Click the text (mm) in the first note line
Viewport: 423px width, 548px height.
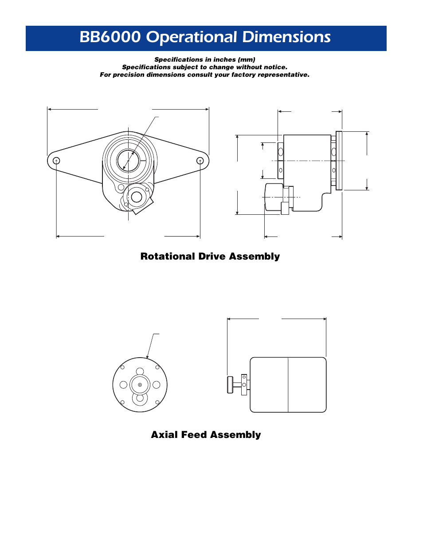[x=247, y=59]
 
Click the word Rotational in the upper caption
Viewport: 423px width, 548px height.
[x=168, y=256]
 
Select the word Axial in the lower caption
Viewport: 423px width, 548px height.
[x=164, y=435]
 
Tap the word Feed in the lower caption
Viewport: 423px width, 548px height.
[x=192, y=435]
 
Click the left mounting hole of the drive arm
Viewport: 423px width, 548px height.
[x=56, y=161]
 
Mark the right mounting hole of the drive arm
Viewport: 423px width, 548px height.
[x=200, y=161]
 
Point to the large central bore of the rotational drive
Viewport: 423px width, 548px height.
[x=128, y=161]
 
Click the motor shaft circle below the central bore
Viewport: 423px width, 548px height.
[x=137, y=197]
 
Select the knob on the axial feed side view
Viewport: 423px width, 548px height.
[x=230, y=385]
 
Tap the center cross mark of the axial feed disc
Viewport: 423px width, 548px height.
[x=140, y=385]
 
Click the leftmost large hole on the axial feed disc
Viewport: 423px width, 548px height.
[x=124, y=385]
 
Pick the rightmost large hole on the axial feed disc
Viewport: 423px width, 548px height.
[x=156, y=385]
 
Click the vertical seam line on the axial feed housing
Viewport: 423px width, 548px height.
[x=288, y=385]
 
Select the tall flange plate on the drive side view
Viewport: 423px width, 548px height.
[x=339, y=161]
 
